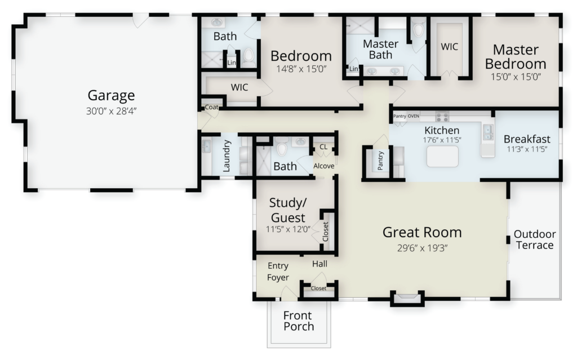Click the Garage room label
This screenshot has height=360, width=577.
coord(111,95)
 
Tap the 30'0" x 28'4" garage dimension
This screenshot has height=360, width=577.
coord(111,111)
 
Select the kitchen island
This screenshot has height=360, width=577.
coord(442,157)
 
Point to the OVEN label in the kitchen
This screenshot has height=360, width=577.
coord(413,116)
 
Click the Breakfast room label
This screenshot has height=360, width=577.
coord(527,139)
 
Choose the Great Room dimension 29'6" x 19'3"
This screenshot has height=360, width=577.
coord(422,248)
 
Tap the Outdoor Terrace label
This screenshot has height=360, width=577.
coord(535,239)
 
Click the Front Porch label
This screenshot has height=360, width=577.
coord(298,321)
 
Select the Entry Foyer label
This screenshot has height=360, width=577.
coord(278,272)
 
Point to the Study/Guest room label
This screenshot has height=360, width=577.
coord(288,210)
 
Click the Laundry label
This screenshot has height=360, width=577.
coord(227,156)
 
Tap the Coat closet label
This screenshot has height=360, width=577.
coord(212,107)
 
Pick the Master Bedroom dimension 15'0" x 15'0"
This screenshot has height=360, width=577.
coord(516,77)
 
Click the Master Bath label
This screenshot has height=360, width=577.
coord(380,50)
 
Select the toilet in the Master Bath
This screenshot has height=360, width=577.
coord(419,29)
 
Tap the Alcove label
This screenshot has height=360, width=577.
coord(324,166)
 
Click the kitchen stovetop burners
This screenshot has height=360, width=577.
coord(442,117)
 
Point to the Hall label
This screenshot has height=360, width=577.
coord(320,264)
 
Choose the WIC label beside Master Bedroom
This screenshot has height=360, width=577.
coord(449,47)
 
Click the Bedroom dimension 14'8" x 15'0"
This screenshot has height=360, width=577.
coord(301,69)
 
